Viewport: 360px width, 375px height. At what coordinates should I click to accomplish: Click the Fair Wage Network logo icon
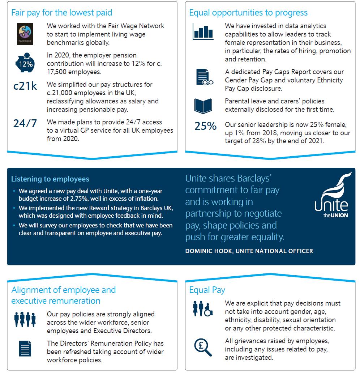pyautogui.click(x=25, y=34)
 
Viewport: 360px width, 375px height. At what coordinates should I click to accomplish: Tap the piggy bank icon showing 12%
pyautogui.click(x=25, y=64)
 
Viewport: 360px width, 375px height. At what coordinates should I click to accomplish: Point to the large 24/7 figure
pyautogui.click(x=25, y=123)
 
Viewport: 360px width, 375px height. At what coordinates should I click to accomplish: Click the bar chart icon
pyautogui.click(x=203, y=32)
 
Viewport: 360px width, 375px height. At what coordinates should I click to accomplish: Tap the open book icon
pyautogui.click(x=203, y=105)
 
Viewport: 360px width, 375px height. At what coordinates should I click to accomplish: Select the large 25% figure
pyautogui.click(x=205, y=126)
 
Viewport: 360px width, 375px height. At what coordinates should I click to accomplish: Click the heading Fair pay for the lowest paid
pyautogui.click(x=62, y=13)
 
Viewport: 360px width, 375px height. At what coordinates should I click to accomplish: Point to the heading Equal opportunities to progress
pyautogui.click(x=248, y=13)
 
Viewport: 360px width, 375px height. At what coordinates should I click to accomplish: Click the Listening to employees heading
pyautogui.click(x=50, y=179)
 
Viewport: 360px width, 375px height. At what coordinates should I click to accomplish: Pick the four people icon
pyautogui.click(x=25, y=319)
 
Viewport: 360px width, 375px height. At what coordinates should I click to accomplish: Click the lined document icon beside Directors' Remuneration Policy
pyautogui.click(x=25, y=349)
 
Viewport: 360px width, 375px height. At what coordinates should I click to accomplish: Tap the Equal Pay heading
pyautogui.click(x=207, y=290)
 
